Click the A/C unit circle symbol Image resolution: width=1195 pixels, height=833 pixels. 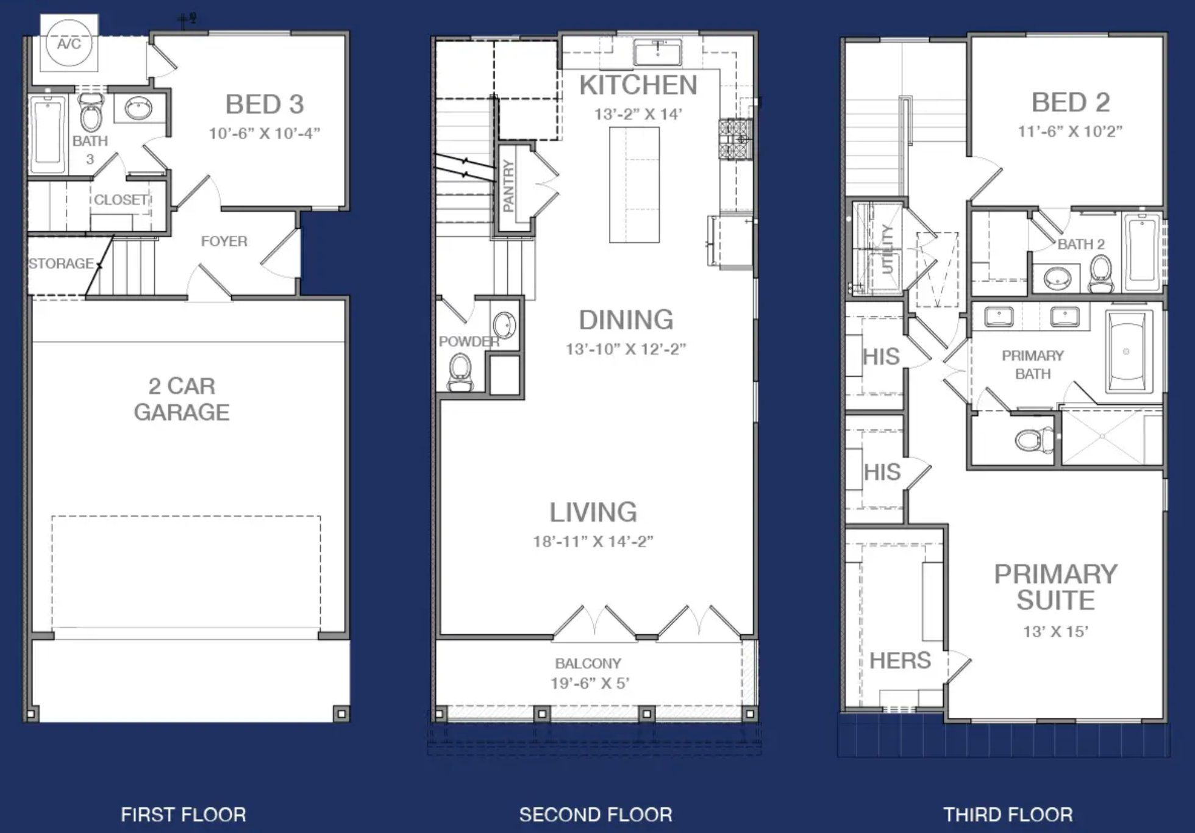tap(69, 43)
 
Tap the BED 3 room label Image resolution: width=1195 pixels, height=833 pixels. tap(265, 104)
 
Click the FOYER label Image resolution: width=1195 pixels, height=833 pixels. tap(224, 241)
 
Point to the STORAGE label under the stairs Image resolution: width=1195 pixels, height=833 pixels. tap(61, 263)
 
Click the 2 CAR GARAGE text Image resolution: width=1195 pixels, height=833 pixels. tap(182, 399)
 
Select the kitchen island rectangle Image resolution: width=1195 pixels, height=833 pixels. tap(634, 185)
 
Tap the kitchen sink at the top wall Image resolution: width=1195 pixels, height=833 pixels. tap(657, 53)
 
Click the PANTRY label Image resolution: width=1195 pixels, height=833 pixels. tap(508, 185)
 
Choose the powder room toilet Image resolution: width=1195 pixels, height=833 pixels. tap(460, 373)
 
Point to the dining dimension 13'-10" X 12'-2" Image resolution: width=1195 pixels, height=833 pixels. tap(626, 349)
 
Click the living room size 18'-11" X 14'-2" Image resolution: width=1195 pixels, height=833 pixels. tap(593, 542)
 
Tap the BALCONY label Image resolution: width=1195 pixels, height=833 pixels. tap(588, 663)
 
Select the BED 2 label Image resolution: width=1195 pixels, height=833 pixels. tap(1070, 102)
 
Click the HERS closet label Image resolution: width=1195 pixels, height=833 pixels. tap(900, 660)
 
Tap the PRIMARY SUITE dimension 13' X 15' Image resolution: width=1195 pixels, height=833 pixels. tap(1055, 632)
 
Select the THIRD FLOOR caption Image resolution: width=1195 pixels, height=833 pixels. tap(1008, 815)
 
